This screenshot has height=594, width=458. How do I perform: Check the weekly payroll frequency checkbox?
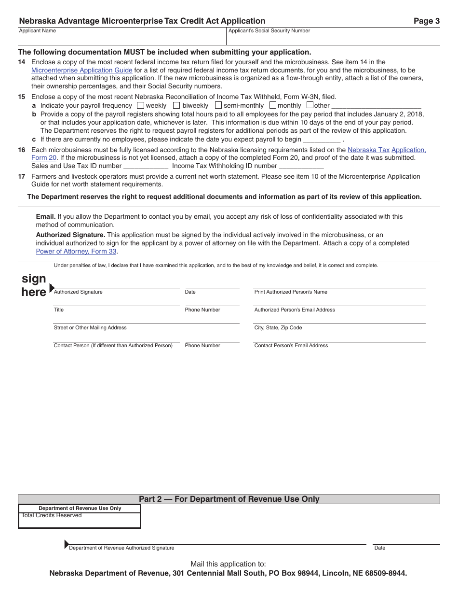[x=140, y=105]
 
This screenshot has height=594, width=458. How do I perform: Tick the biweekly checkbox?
[x=176, y=105]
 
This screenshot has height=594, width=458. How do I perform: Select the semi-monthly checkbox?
[x=218, y=105]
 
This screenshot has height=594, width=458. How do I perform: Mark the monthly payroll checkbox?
[x=273, y=105]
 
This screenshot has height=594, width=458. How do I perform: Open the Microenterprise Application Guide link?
[x=81, y=70]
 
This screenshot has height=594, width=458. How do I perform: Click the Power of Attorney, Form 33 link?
[x=76, y=251]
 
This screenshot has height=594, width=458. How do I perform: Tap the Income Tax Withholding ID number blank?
[x=301, y=166]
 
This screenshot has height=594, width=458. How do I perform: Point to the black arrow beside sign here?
[x=52, y=288]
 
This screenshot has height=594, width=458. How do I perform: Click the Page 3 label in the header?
[x=426, y=21]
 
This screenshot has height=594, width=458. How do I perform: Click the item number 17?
[x=22, y=176]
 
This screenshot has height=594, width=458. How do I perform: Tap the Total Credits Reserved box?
[x=80, y=521]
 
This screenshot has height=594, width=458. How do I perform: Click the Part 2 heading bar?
[x=229, y=499]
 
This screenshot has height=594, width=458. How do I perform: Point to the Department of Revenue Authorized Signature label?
[x=121, y=548]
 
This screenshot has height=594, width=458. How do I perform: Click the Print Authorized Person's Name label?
[x=291, y=292]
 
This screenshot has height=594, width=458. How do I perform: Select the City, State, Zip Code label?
[x=278, y=327]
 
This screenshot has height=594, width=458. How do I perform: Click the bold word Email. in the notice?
[x=46, y=216]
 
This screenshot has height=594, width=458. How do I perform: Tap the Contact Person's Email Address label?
[x=291, y=345]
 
